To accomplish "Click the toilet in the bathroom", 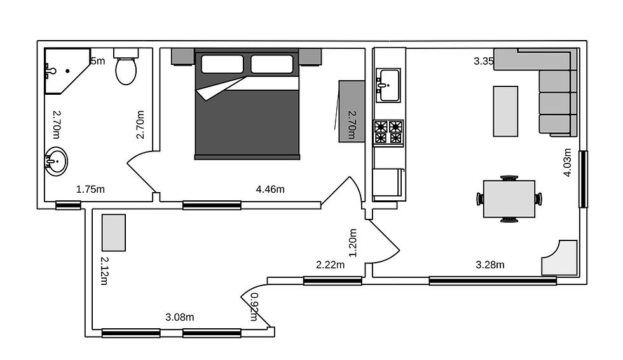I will [125, 67].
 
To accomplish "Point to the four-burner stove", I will [388, 132].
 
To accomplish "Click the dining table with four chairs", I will [509, 199].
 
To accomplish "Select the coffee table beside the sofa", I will [505, 111].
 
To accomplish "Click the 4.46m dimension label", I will [270, 189].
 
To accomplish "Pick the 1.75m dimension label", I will [90, 189].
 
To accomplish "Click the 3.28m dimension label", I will [490, 265].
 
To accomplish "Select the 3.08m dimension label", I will [180, 317].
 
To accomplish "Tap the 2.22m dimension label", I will [331, 265].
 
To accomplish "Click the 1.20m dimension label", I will [353, 242].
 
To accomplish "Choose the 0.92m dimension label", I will [255, 307].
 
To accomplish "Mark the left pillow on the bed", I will [222, 64].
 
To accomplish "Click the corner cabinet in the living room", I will [561, 257].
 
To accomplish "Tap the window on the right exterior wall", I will [582, 179].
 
